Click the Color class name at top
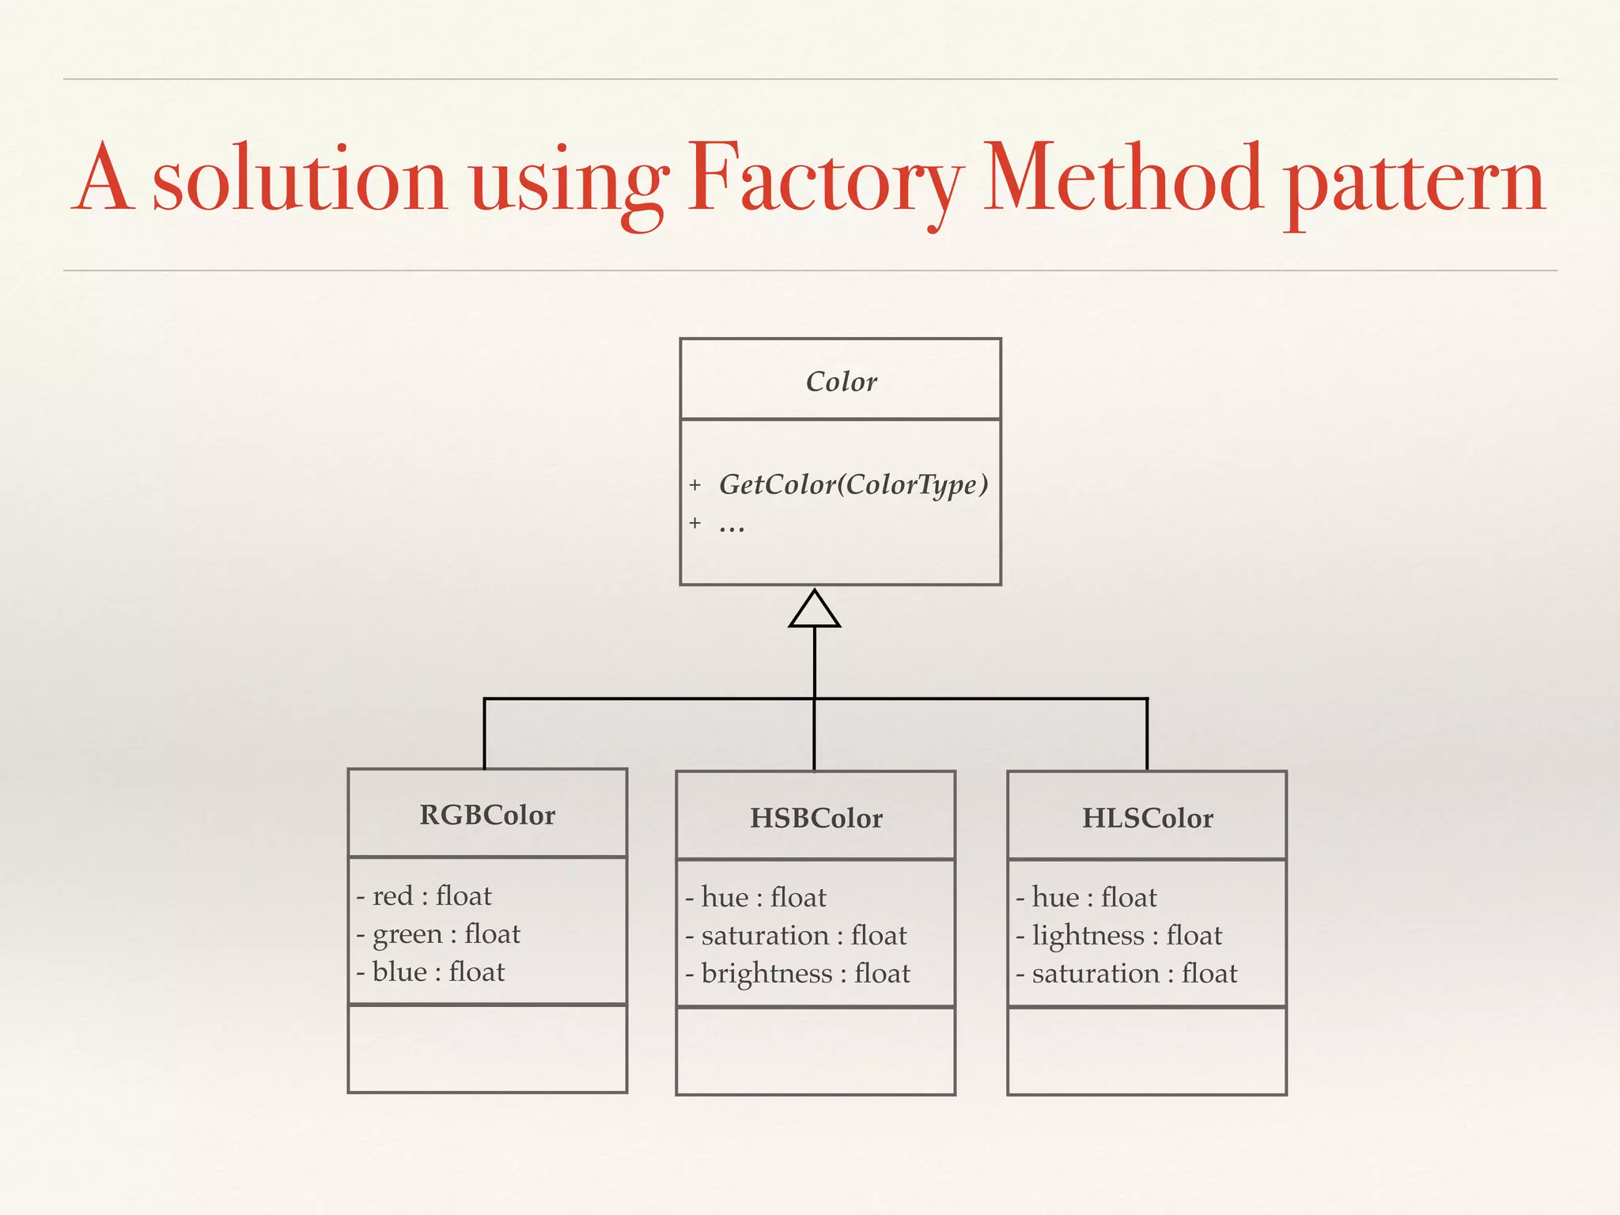(x=841, y=382)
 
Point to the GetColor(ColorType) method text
(x=853, y=484)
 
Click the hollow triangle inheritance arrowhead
(x=814, y=610)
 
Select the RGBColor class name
(x=487, y=815)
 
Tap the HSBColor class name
(x=816, y=818)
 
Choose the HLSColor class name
(x=1147, y=818)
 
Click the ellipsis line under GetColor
(x=732, y=524)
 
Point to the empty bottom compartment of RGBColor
(x=487, y=1049)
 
